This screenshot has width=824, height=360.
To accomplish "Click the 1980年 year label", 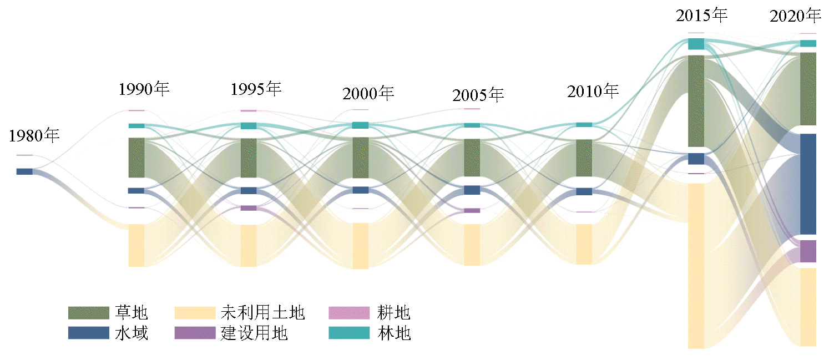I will click(x=34, y=136).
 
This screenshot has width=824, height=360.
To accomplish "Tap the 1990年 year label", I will click(x=144, y=89).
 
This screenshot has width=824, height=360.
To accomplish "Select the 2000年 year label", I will click(x=368, y=93).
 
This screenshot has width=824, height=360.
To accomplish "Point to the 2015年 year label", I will click(x=701, y=16).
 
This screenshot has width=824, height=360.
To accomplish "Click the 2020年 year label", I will click(x=795, y=17).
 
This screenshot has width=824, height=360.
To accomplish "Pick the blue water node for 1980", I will click(x=24, y=171).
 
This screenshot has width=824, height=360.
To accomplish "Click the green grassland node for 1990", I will click(x=137, y=158).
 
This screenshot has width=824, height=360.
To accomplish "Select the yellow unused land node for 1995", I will click(x=249, y=245).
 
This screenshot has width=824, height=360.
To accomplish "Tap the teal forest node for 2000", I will click(x=360, y=125).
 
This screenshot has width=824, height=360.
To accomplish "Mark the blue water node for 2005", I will click(x=472, y=190).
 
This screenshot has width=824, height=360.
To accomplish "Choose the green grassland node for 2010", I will click(x=584, y=158).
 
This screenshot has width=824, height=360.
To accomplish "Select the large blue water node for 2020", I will click(x=808, y=184).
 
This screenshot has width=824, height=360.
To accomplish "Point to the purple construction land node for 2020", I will click(x=808, y=251).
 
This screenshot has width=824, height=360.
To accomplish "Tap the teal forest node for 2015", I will click(x=696, y=44).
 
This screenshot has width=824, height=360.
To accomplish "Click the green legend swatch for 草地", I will click(x=88, y=313).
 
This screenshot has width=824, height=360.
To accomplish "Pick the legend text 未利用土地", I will click(x=262, y=313).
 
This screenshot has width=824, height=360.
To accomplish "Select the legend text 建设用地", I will click(x=254, y=333).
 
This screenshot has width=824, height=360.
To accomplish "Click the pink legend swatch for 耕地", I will click(x=349, y=313).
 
